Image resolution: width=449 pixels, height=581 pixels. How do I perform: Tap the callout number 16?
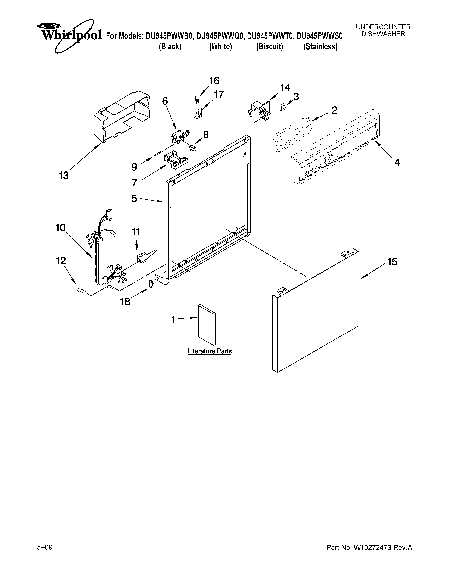pyautogui.click(x=214, y=81)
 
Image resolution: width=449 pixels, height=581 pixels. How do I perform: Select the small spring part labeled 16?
pyautogui.click(x=197, y=99)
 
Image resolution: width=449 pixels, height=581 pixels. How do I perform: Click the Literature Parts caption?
pyautogui.click(x=210, y=351)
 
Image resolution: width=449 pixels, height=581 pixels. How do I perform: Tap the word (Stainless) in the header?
pyautogui.click(x=320, y=47)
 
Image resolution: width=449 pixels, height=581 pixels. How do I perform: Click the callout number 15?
pyautogui.click(x=392, y=262)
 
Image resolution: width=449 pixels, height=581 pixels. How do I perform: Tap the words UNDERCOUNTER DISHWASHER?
pyautogui.click(x=383, y=30)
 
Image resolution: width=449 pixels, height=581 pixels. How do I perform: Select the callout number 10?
pyautogui.click(x=61, y=228)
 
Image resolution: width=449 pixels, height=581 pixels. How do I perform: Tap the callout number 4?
pyautogui.click(x=397, y=162)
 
